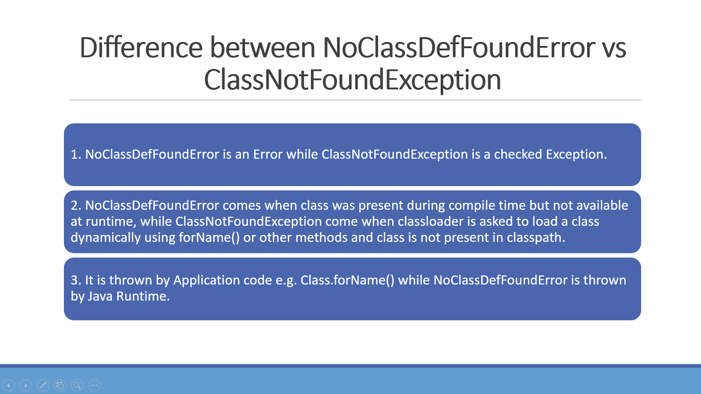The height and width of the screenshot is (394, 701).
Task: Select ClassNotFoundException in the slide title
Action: tap(352, 80)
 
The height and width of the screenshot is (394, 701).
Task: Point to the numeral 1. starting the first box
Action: tap(76, 154)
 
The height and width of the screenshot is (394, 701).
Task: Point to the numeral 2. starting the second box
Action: tap(76, 205)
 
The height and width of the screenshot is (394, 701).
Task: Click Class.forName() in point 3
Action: tap(347, 280)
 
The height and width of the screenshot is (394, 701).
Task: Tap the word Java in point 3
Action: tap(100, 296)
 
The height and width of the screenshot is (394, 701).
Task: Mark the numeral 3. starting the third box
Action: tap(76, 280)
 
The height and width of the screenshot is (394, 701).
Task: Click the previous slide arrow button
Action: tap(9, 385)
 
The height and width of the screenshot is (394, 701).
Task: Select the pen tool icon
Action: tap(43, 385)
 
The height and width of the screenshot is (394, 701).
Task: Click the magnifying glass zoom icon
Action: tap(77, 385)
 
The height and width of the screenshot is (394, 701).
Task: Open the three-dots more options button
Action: tap(94, 385)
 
